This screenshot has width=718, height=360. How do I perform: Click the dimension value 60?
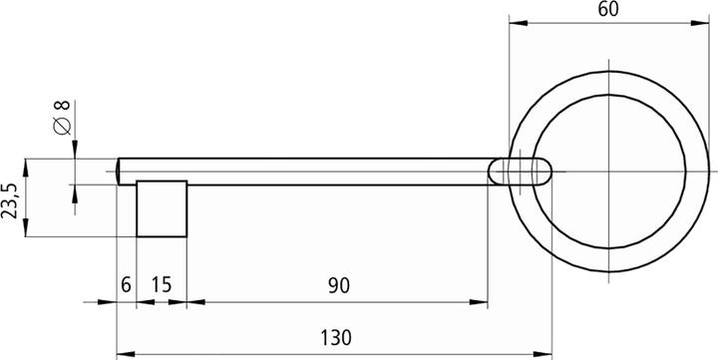(608, 9)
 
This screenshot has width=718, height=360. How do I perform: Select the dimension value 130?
(336, 338)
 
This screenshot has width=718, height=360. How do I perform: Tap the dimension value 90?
(338, 286)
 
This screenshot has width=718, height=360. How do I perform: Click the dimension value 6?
(126, 286)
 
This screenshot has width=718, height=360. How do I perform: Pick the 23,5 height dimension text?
(11, 198)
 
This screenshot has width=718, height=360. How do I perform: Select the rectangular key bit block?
(162, 209)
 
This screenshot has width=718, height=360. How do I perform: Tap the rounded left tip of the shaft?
(120, 172)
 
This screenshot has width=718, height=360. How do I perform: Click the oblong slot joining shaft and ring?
(520, 172)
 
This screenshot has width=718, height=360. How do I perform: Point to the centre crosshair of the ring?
(608, 172)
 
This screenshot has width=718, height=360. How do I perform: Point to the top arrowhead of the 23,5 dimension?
(27, 164)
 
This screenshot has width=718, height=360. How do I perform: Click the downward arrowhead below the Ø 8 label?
(74, 152)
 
